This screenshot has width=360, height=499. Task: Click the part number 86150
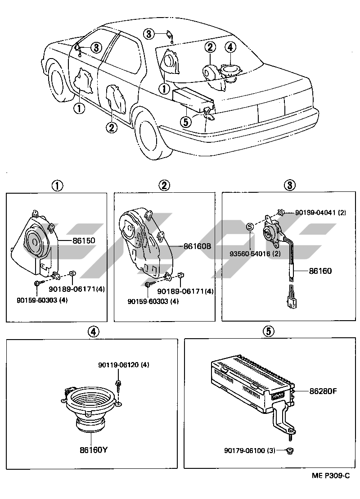(84, 241)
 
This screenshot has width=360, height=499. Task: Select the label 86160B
(197, 246)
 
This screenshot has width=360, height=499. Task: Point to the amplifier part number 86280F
(322, 391)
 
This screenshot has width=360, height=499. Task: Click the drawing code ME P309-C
(332, 476)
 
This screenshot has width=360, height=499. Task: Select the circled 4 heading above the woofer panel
(92, 331)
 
